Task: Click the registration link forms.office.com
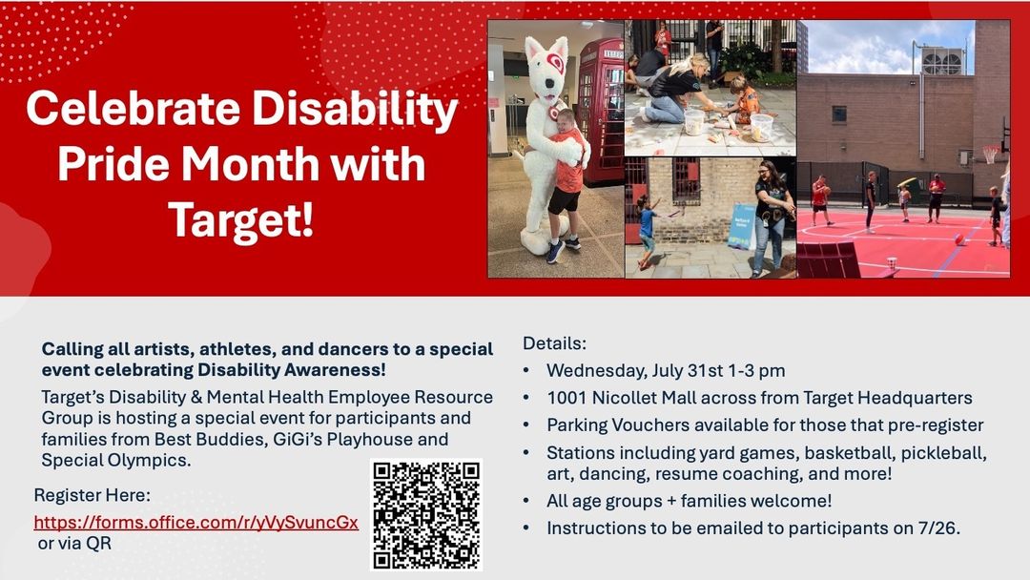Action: [x=196, y=522]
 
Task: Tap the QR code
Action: [x=426, y=514]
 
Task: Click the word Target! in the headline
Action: [x=241, y=219]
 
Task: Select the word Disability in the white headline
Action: [x=356, y=108]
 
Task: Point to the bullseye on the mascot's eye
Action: [x=556, y=62]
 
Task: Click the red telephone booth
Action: [x=601, y=112]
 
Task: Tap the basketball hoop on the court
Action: [x=991, y=155]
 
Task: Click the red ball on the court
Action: [x=960, y=239]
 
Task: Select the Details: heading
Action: [x=554, y=342]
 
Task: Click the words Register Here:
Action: [x=92, y=495]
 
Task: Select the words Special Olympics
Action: [x=115, y=461]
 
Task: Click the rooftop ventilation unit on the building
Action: [x=942, y=60]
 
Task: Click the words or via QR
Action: [x=74, y=543]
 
